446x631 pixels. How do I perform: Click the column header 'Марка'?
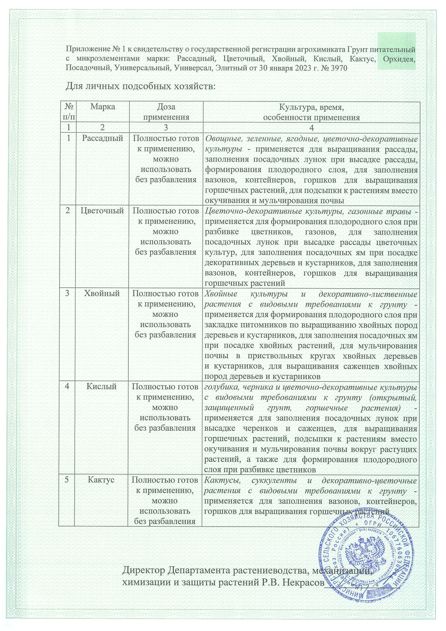pyautogui.click(x=102, y=107)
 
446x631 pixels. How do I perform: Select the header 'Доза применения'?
pyautogui.click(x=166, y=112)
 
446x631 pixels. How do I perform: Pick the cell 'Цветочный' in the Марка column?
pyautogui.click(x=102, y=211)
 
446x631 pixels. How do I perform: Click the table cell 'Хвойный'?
pyautogui.click(x=102, y=294)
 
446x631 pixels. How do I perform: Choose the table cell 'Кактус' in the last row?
pyautogui.click(x=101, y=480)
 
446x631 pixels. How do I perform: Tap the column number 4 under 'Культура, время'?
pyautogui.click(x=311, y=128)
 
